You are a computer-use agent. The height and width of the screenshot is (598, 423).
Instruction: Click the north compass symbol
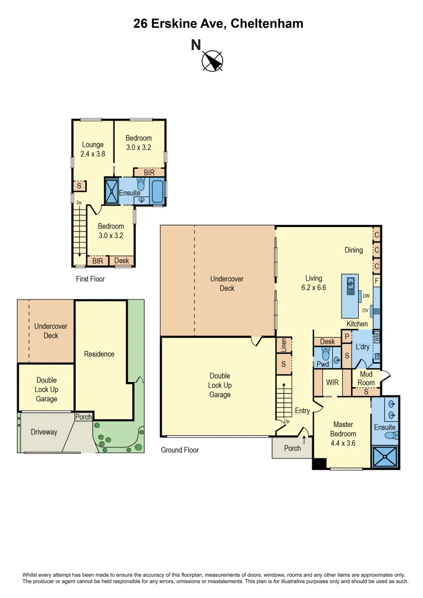(x=212, y=60)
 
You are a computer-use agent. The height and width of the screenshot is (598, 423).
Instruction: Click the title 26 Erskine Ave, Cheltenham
(x=218, y=24)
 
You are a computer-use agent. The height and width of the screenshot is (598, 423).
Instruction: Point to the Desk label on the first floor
(x=121, y=261)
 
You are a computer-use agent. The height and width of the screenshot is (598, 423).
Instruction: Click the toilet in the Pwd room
(x=325, y=354)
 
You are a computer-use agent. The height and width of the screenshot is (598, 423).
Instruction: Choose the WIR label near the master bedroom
(x=333, y=383)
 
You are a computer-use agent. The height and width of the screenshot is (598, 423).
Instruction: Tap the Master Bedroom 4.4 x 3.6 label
(x=343, y=434)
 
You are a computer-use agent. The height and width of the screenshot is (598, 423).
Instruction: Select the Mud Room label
(x=366, y=379)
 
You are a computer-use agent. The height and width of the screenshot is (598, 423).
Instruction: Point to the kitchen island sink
(x=350, y=286)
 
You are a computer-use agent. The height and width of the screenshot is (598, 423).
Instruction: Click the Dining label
(x=353, y=250)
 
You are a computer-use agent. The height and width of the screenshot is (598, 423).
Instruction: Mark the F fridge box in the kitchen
(x=376, y=281)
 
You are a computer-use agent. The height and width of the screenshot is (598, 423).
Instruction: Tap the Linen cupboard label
(x=284, y=345)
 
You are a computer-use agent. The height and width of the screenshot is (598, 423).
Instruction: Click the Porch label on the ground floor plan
(x=292, y=448)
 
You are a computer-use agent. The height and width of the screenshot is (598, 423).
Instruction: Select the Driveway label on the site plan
(x=44, y=432)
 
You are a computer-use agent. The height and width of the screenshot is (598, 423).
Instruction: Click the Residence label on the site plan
(x=99, y=354)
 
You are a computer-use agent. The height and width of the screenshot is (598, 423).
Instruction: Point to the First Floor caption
(x=90, y=279)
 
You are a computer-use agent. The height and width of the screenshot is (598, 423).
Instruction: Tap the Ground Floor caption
(x=179, y=450)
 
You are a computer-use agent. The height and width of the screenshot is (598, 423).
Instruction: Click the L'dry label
(x=363, y=347)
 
